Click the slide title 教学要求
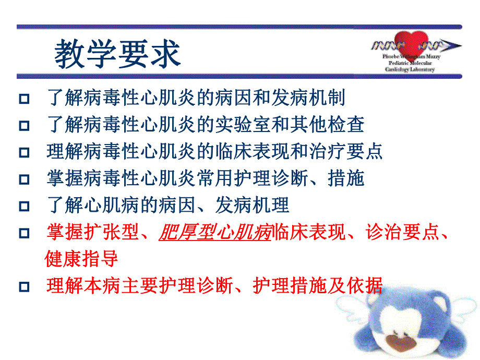(x=118, y=54)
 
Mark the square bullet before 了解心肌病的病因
(x=23, y=207)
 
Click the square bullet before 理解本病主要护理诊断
(x=23, y=286)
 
